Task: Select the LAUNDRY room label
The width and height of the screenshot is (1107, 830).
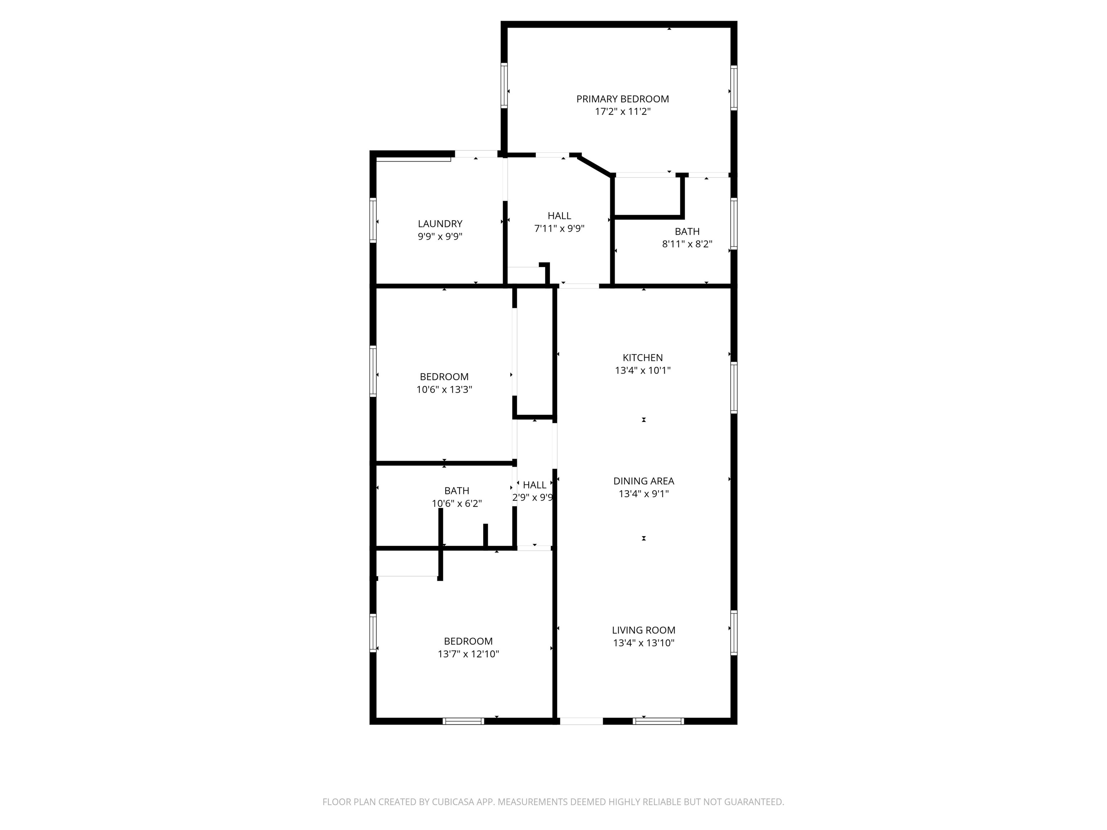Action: [440, 224]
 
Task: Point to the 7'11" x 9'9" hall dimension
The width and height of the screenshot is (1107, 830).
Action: [559, 229]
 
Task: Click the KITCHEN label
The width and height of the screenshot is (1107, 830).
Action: [643, 358]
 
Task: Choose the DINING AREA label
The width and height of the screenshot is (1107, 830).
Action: [644, 481]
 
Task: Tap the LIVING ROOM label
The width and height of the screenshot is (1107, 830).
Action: [644, 630]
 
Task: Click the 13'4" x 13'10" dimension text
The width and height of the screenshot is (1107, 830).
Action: [644, 643]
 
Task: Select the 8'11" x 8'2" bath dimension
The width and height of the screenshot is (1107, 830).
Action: [687, 244]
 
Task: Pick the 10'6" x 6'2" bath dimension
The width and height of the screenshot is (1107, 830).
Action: [457, 503]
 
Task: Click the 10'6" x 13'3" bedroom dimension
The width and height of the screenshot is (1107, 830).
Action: [444, 389]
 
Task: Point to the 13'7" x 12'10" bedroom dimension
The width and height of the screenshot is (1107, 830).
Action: [468, 654]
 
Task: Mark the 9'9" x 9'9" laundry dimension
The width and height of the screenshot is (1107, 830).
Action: [440, 236]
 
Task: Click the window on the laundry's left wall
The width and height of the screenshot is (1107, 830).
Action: [373, 220]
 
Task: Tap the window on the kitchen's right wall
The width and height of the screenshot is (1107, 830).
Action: [734, 388]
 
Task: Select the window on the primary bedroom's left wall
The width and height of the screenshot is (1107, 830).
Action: [504, 85]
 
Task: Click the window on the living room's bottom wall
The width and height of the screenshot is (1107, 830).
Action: [658, 721]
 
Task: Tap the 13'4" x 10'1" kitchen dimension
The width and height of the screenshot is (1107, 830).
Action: [643, 370]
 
